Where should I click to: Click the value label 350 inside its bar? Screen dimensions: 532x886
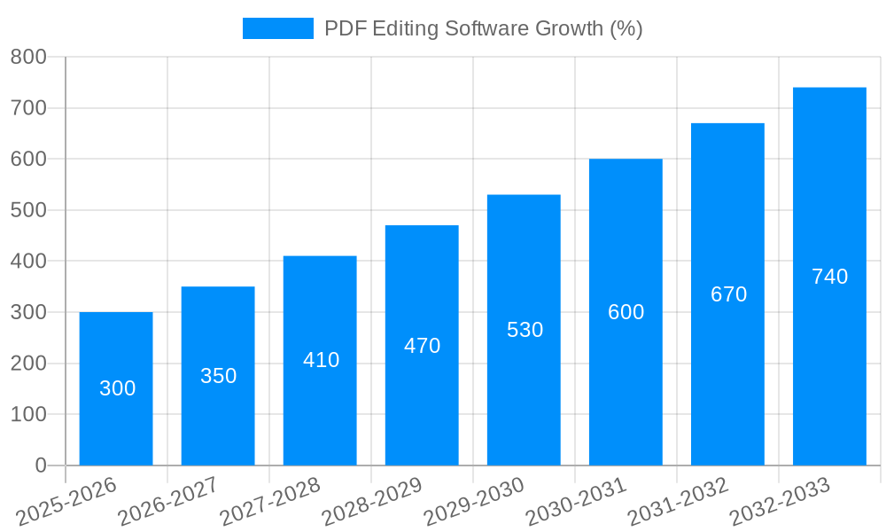tap(218, 376)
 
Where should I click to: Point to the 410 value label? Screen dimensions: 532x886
tap(321, 360)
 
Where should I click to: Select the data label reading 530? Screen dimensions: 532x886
tap(525, 330)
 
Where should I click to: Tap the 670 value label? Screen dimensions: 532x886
tap(728, 294)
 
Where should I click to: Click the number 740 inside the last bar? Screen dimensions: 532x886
tap(829, 277)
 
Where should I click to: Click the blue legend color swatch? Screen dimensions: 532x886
tap(277, 28)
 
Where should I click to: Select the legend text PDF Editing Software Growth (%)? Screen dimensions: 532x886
tap(483, 28)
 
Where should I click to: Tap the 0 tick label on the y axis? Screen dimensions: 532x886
tap(40, 465)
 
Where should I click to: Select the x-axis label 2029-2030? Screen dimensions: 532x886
tap(473, 502)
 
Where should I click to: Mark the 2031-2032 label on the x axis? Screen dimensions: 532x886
tap(677, 502)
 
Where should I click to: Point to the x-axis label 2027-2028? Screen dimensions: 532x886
tap(269, 502)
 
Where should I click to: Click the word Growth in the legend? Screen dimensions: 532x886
tap(570, 28)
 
